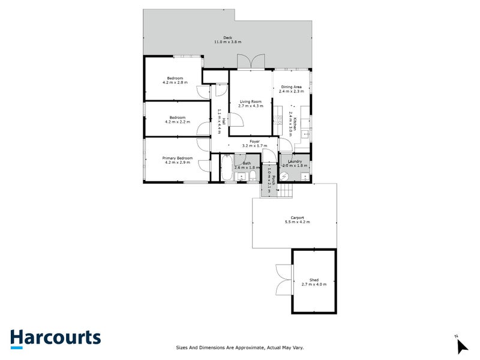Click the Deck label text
[x=227, y=37]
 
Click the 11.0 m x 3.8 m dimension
[x=227, y=42]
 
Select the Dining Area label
[x=295, y=87]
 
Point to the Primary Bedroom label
[x=178, y=158]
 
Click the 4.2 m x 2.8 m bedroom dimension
[x=175, y=83]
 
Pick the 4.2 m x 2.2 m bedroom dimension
[x=177, y=121]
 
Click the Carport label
[x=298, y=217]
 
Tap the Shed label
[x=314, y=280]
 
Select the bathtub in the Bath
[x=226, y=168]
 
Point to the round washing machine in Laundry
[x=287, y=175]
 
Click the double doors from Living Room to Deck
[x=250, y=62]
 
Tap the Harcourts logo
[x=56, y=338]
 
